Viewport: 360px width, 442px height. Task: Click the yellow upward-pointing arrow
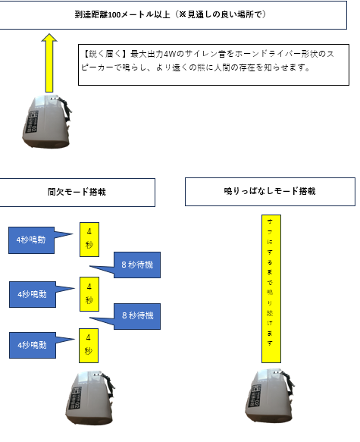tap(49, 63)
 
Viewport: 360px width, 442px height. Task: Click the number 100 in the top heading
tap(114, 14)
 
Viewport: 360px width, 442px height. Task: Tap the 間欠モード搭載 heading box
tap(77, 193)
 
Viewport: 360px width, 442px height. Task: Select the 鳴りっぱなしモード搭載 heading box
tap(270, 192)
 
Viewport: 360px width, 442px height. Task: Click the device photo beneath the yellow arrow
tap(47, 121)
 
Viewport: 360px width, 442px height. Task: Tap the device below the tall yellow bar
tap(270, 396)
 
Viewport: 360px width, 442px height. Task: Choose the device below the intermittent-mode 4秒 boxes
tap(90, 397)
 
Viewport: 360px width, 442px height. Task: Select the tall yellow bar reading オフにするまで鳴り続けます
tap(271, 289)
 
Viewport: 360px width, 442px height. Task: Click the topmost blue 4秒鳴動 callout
tap(31, 240)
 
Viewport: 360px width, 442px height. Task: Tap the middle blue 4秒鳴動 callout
tap(33, 294)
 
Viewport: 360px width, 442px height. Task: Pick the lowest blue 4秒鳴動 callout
tap(33, 345)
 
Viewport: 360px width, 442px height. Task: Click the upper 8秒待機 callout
tap(137, 265)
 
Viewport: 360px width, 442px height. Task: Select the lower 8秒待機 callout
tap(137, 316)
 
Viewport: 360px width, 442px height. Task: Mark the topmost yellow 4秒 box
tap(89, 240)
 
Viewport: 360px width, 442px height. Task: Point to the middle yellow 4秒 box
tap(89, 294)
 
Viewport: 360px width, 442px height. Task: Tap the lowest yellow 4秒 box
tap(89, 345)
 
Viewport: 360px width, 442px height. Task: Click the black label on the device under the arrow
tap(33, 122)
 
